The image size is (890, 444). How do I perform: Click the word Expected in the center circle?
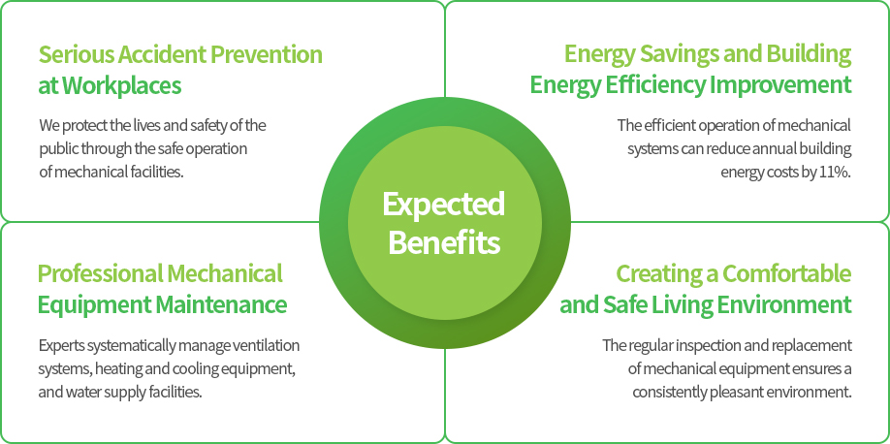[443, 205]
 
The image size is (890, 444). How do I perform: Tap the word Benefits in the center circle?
[444, 241]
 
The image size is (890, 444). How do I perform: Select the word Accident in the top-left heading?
[150, 54]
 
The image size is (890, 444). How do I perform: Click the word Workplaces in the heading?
[121, 85]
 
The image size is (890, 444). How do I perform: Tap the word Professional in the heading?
[100, 273]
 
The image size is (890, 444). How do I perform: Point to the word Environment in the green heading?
[784, 304]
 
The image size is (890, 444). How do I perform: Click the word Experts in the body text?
[58, 345]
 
